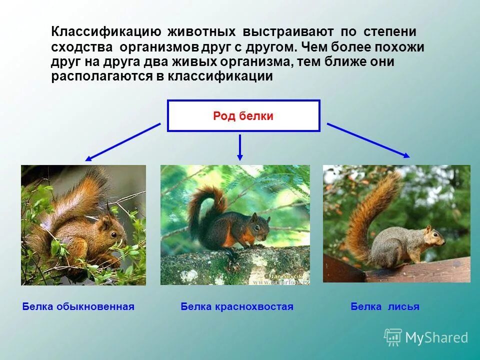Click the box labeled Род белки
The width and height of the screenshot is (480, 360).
(243, 116)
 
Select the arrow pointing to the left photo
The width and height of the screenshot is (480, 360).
(122, 142)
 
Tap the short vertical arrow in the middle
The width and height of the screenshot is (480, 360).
(240, 147)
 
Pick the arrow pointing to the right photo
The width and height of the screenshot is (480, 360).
(368, 140)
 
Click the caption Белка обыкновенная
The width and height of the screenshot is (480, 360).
(78, 306)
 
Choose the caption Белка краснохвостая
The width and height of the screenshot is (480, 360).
(237, 306)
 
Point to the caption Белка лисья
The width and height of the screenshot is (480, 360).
(385, 306)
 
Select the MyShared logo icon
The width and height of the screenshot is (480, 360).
(393, 337)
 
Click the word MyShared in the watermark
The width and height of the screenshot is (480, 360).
(436, 338)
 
